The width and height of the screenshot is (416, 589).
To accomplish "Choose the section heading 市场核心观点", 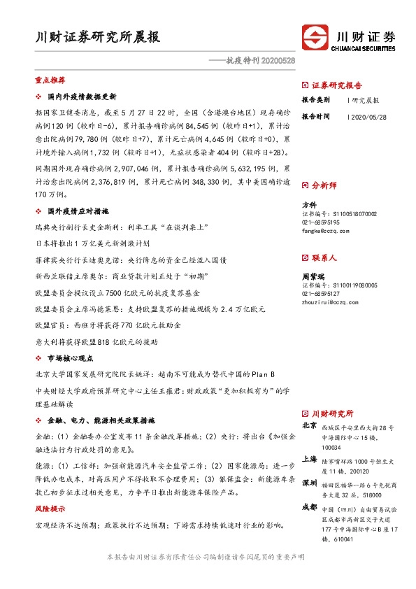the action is click(x=73, y=357).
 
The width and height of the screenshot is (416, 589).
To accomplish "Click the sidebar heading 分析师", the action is click(x=324, y=185).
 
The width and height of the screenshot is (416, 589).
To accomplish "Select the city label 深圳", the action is click(x=310, y=483).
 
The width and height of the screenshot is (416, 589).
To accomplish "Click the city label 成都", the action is click(x=310, y=507).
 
